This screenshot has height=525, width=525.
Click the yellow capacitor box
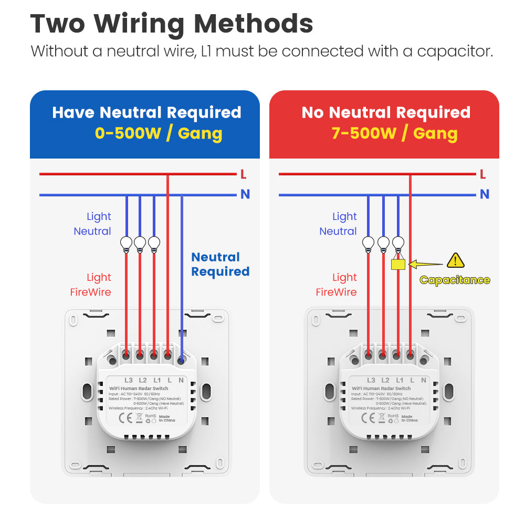(398, 264)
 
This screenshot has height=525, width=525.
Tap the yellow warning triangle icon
(455, 260)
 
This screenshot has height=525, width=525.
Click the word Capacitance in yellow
(455, 280)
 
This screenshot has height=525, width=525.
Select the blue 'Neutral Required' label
(220, 264)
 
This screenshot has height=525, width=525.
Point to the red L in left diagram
(243, 174)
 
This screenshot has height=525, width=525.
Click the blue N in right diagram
(485, 194)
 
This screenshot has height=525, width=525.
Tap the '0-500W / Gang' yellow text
(159, 133)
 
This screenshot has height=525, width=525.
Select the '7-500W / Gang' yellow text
(394, 133)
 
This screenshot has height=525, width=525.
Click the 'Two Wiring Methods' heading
(172, 24)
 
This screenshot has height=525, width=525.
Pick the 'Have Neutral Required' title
(146, 112)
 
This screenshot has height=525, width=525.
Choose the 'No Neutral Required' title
(386, 112)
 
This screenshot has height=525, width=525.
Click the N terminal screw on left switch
(181, 360)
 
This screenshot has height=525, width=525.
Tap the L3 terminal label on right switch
(371, 380)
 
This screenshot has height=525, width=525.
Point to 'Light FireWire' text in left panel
(91, 285)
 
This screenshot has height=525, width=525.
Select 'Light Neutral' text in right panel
(338, 224)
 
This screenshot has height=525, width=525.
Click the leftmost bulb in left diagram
(126, 243)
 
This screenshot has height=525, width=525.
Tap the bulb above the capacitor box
(398, 243)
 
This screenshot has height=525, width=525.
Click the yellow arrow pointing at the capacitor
(423, 264)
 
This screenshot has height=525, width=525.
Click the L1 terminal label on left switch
(157, 380)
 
